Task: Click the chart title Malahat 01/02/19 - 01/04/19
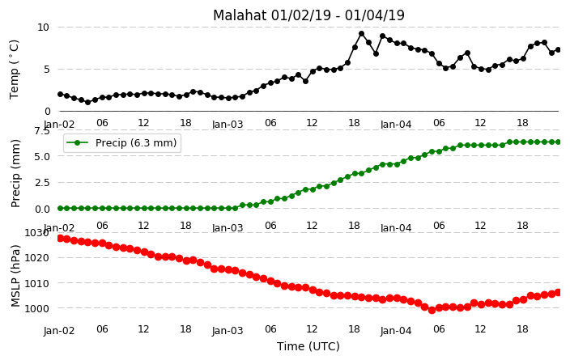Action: point(308,15)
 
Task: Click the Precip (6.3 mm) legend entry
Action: point(122,142)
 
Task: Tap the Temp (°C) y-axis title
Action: point(14,70)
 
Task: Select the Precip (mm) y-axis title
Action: point(15,174)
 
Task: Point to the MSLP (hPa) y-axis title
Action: point(15,276)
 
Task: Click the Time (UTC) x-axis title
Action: point(308,346)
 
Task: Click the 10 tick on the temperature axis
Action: point(43,28)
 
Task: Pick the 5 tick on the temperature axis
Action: point(46,70)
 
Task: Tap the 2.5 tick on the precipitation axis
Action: point(42,182)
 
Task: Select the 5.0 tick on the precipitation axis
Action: point(42,156)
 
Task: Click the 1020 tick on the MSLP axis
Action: point(36,258)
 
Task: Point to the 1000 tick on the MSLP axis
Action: point(36,308)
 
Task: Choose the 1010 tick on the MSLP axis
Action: point(36,283)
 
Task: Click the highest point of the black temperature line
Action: point(361,34)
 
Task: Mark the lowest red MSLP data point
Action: point(432,310)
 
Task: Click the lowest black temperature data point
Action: point(87,103)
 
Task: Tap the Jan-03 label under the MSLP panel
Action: point(228,331)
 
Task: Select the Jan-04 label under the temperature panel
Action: point(396,125)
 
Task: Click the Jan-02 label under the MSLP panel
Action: point(59,331)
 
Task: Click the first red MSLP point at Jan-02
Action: point(61,239)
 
